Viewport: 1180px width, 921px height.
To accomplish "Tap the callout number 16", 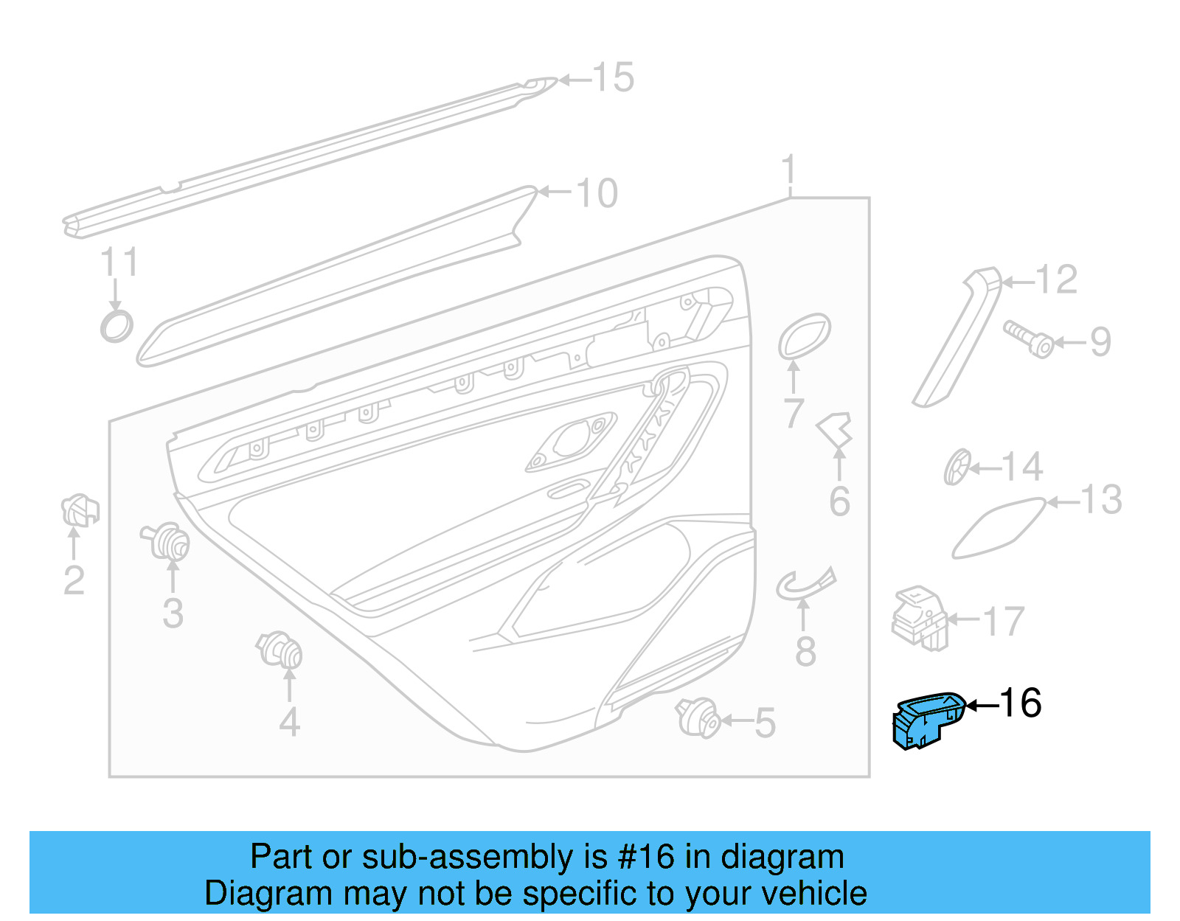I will coord(1021,703).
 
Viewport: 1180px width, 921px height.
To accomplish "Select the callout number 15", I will coord(614,77).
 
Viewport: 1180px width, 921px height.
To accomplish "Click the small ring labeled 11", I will coord(117,325).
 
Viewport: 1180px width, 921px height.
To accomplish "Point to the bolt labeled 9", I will coord(1029,339).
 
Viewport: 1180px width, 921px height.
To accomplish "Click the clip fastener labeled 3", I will coord(167,542).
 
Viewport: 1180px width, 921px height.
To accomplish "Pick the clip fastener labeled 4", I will coord(281,650).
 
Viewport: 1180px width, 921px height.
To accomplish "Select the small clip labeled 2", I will coord(79,510).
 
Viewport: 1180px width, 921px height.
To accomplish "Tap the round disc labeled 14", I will coord(957,467).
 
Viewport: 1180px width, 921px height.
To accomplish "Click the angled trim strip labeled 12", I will coord(957,339).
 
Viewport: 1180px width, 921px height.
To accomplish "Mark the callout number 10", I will coord(596,193).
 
